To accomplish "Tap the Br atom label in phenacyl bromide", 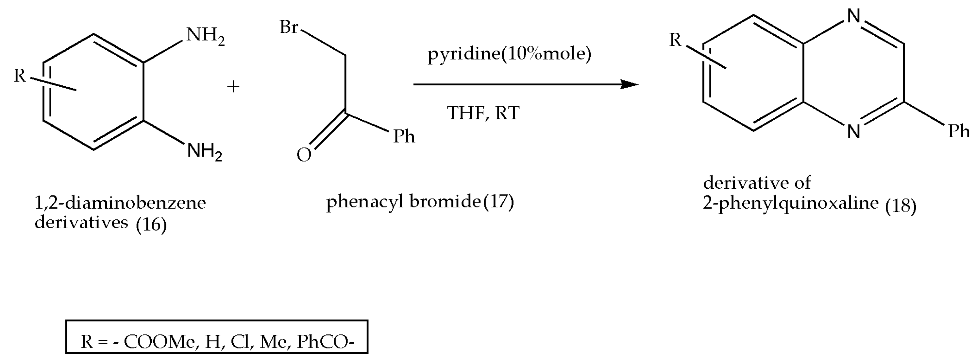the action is click(x=289, y=27).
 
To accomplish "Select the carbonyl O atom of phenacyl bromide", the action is click(x=304, y=155).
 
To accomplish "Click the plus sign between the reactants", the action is click(x=233, y=87).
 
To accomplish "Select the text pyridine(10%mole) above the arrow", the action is click(x=509, y=54).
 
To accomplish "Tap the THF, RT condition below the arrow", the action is click(x=483, y=113).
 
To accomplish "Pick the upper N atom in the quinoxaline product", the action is click(x=853, y=16).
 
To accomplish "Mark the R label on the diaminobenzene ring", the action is click(x=20, y=76).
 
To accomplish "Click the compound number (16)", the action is click(x=151, y=225).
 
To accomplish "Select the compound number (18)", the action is click(x=901, y=206).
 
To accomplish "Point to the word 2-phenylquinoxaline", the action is click(x=790, y=203).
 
